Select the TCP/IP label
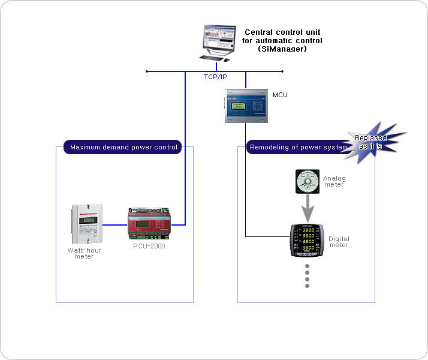pos(215,77)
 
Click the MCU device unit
pos(246,106)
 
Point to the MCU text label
pos(281,94)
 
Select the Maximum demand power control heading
pos(123,147)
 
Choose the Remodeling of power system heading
pos(297,147)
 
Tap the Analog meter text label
pos(334,181)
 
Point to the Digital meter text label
pos(339,242)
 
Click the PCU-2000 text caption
pos(149,247)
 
